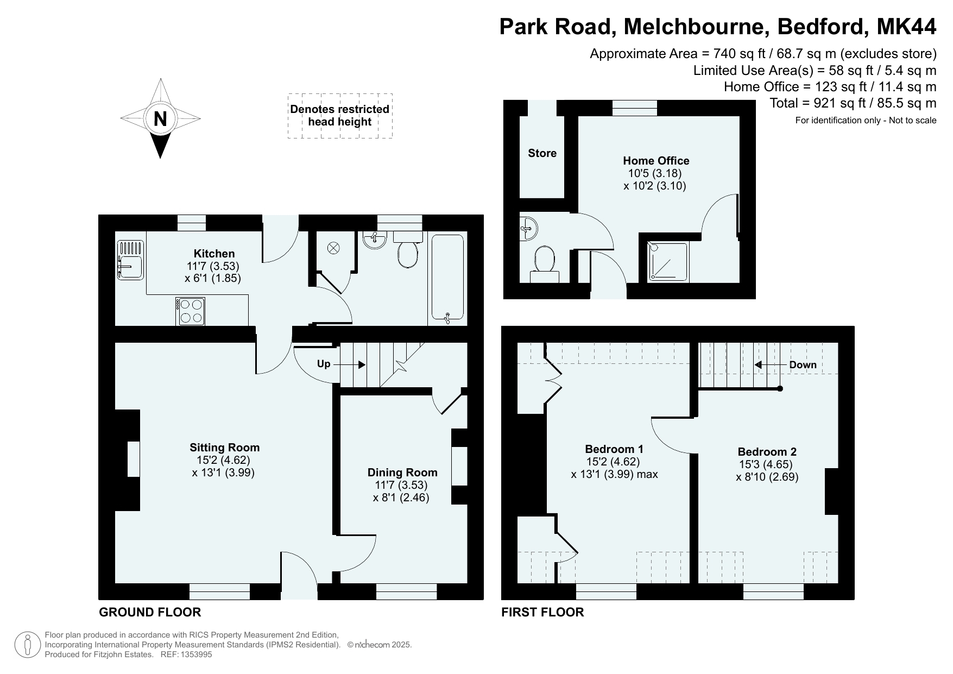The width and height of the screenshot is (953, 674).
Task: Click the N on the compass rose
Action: pyautogui.click(x=160, y=118)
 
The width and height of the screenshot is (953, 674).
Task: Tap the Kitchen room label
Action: pyautogui.click(x=214, y=254)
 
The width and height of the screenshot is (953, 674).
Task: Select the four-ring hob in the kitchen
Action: pyautogui.click(x=190, y=311)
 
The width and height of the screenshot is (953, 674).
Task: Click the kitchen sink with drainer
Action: pyautogui.click(x=130, y=260)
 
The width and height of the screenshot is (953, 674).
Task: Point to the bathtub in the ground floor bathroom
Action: pyautogui.click(x=447, y=278)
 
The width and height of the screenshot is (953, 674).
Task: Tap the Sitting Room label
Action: pyautogui.click(x=224, y=448)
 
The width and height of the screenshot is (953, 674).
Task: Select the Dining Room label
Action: pyautogui.click(x=402, y=473)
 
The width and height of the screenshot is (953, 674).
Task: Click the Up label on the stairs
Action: pyautogui.click(x=324, y=364)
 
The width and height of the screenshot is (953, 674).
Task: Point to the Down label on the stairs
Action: pyautogui.click(x=803, y=365)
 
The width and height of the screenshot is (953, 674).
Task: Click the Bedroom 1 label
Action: pyautogui.click(x=614, y=449)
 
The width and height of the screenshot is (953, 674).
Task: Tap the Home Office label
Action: pyautogui.click(x=656, y=161)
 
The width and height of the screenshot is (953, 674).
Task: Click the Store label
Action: pyautogui.click(x=542, y=153)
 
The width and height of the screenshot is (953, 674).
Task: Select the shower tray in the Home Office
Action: pyautogui.click(x=667, y=262)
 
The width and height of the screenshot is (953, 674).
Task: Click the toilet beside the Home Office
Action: pyautogui.click(x=545, y=264)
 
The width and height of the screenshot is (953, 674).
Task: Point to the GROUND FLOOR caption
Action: pyautogui.click(x=150, y=612)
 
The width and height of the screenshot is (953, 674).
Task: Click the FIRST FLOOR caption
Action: pyautogui.click(x=542, y=612)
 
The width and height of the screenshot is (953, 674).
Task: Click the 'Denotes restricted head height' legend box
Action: pyautogui.click(x=340, y=116)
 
